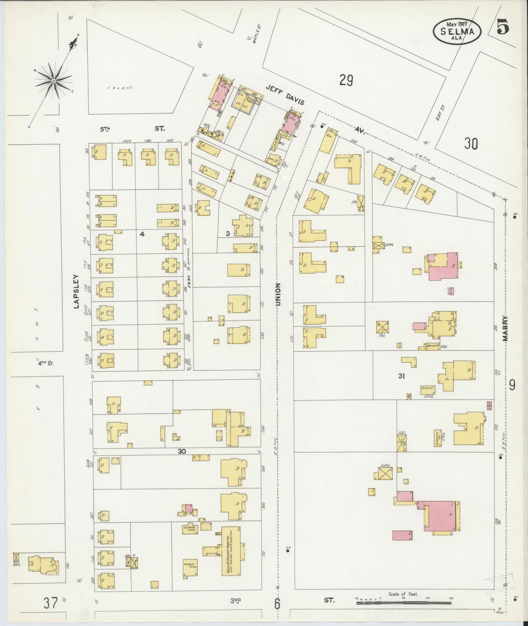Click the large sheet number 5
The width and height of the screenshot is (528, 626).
[503, 27]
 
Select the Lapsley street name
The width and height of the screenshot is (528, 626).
[77, 291]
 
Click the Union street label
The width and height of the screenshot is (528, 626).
[278, 294]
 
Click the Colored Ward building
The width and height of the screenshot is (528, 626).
[190, 529]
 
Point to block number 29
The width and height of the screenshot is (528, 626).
[346, 80]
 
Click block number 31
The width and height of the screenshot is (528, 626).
[402, 376]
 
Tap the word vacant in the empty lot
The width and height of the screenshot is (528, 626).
[122, 88]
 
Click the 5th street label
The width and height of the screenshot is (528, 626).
[105, 129]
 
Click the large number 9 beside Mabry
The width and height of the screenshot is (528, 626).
[512, 385]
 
